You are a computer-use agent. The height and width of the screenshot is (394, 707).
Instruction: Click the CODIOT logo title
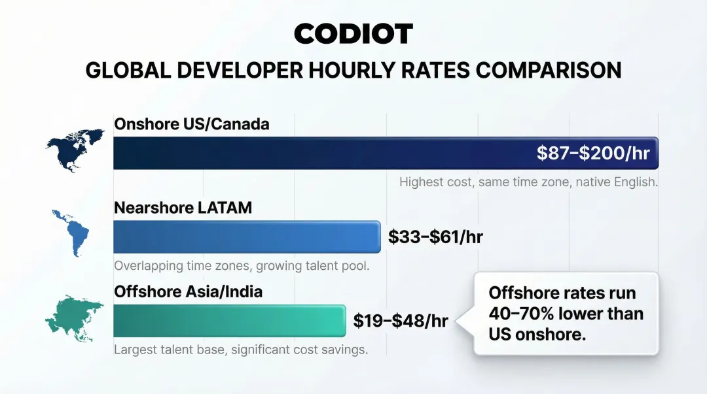(353, 34)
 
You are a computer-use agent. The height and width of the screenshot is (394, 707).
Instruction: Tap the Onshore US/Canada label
(191, 123)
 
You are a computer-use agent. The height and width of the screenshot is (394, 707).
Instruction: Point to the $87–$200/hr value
(593, 153)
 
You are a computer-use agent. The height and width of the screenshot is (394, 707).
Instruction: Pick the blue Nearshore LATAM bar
(247, 237)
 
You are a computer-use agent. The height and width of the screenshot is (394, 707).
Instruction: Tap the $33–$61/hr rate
(435, 237)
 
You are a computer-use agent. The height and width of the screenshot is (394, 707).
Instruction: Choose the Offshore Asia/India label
(189, 291)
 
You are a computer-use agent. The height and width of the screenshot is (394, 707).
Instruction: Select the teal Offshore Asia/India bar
(229, 320)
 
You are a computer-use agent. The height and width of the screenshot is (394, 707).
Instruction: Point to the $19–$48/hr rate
(401, 321)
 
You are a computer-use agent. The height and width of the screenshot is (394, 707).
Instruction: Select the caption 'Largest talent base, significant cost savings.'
(241, 350)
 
